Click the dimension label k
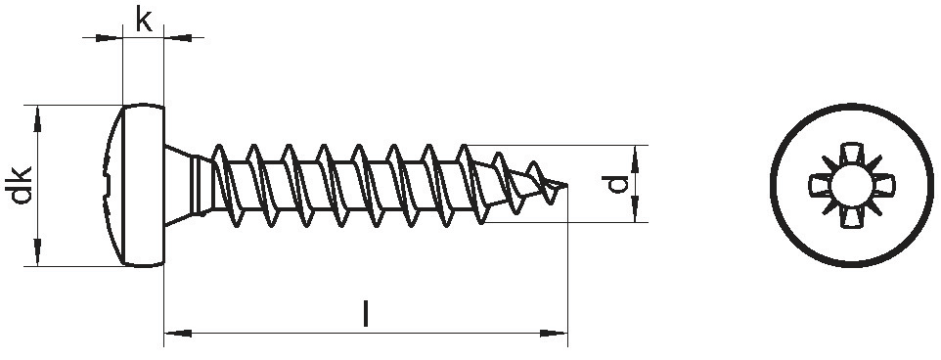(x=144, y=20)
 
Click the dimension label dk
(x=20, y=186)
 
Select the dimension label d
(x=615, y=184)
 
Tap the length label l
(x=366, y=314)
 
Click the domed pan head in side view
(x=133, y=186)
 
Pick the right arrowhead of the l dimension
(x=554, y=333)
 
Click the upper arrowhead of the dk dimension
(x=38, y=118)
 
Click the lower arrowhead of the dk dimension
(x=38, y=252)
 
